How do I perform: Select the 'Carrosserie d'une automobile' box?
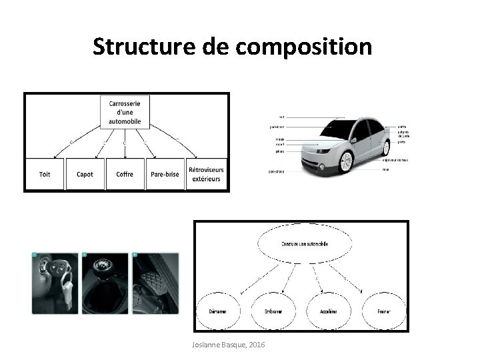[125, 111]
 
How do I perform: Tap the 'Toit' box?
[45, 174]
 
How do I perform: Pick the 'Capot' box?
[85, 174]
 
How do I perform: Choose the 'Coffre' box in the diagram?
[125, 174]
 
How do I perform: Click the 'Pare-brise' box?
[164, 174]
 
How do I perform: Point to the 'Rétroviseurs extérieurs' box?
[206, 174]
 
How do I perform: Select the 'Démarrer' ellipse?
[218, 311]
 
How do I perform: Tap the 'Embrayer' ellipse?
[273, 311]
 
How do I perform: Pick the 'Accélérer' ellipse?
[328, 311]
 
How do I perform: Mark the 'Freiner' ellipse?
[383, 311]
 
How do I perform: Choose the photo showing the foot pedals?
[156, 283]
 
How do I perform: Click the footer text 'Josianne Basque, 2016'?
[227, 344]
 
